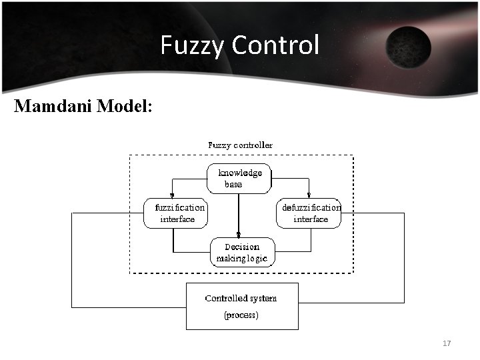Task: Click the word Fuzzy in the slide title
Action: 192,45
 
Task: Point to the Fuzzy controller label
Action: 240,144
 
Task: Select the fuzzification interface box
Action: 176,213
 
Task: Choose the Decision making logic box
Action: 243,252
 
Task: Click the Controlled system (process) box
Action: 241,306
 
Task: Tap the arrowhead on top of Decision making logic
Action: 239,234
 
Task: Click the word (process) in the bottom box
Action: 241,315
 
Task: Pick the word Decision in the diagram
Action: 241,247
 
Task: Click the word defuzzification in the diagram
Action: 311,207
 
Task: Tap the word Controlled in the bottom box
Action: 224,298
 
